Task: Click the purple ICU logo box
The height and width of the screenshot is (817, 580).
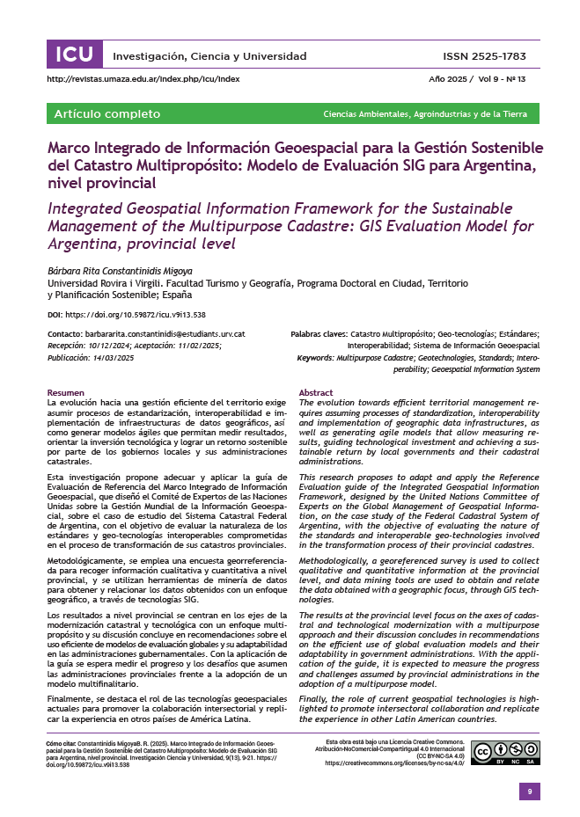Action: click(x=74, y=55)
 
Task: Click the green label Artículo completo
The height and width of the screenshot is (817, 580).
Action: click(x=107, y=114)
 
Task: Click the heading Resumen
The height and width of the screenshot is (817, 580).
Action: click(x=66, y=392)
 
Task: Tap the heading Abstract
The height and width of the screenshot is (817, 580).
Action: click(x=316, y=392)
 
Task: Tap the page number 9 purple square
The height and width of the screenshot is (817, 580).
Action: click(x=529, y=791)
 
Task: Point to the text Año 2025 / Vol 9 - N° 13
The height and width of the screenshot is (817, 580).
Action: click(x=477, y=79)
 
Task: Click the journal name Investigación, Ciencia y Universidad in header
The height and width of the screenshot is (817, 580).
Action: click(x=197, y=56)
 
